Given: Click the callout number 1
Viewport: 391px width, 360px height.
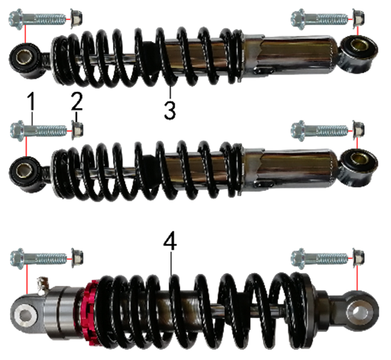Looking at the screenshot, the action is click(31, 101).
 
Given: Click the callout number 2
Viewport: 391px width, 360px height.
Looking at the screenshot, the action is click(77, 101).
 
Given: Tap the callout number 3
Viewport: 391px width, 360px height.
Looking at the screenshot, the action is click(170, 110).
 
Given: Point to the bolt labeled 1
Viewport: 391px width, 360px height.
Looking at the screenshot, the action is click(39, 130).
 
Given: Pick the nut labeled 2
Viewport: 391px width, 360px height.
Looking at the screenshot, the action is click(77, 130).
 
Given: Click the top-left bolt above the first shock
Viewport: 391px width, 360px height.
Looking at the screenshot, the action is click(38, 19).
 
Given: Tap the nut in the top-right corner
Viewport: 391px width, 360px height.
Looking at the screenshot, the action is click(358, 18).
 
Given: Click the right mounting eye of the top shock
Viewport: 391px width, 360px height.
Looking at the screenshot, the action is click(359, 53).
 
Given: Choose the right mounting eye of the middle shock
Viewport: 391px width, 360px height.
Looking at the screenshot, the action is click(359, 166).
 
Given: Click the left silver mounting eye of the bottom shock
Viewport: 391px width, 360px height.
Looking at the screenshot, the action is click(25, 315).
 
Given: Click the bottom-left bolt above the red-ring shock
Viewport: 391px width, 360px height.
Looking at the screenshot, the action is click(39, 258).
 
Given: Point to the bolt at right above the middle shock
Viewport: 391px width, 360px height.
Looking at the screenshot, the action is click(320, 130).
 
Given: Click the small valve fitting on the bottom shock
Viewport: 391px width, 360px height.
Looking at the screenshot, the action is click(43, 284).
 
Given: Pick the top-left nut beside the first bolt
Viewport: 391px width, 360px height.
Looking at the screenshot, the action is click(76, 18).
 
